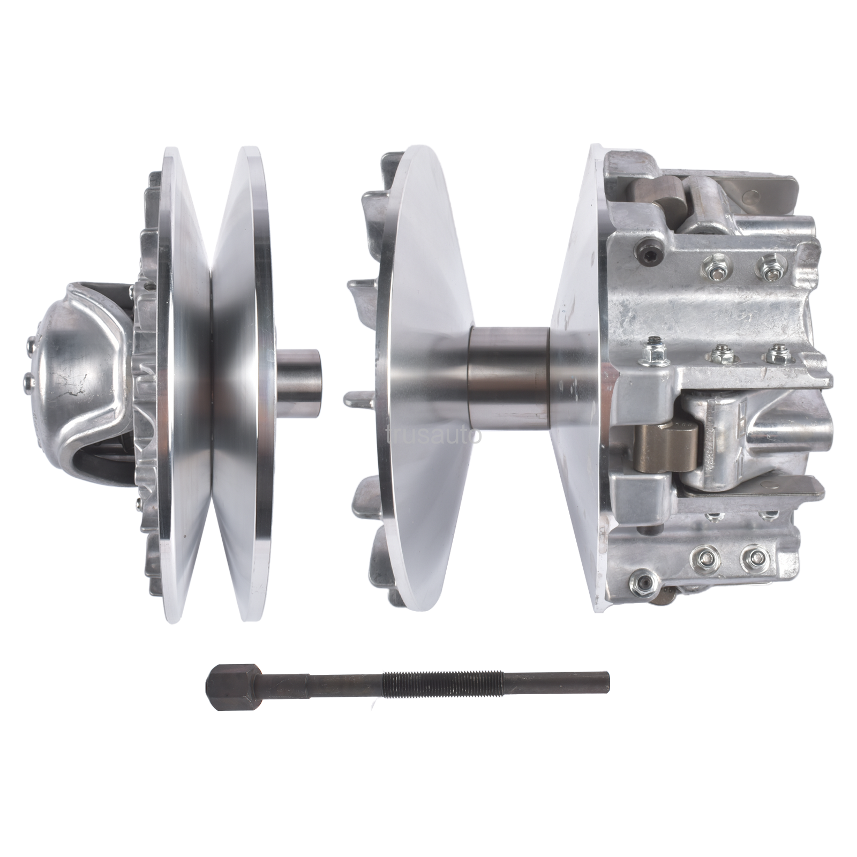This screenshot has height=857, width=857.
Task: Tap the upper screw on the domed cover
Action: pos(29,341)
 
